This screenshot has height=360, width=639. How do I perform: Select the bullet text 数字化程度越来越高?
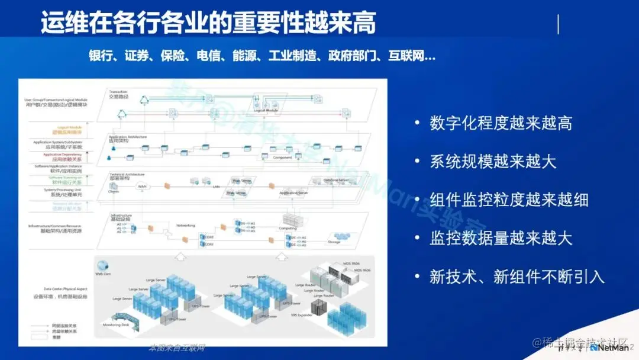click(501, 123)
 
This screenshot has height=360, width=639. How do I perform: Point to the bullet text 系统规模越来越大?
click(493, 161)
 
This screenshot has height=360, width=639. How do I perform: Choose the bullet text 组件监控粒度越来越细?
click(509, 200)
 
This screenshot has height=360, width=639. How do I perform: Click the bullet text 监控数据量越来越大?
click(501, 238)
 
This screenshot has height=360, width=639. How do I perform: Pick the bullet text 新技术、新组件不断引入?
click(517, 277)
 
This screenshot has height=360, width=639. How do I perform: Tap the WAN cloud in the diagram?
click(142, 187)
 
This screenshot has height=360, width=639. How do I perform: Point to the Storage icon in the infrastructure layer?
click(334, 241)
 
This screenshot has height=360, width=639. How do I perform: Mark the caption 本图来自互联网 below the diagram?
click(177, 348)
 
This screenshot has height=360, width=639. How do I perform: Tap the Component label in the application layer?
click(283, 157)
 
